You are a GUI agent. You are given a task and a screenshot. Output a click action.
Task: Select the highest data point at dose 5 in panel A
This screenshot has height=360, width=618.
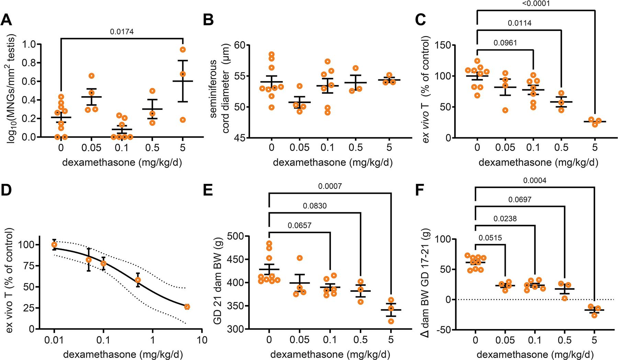pyautogui.click(x=183, y=49)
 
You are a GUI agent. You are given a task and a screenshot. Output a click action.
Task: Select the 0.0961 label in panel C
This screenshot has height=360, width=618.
pyautogui.click(x=505, y=43)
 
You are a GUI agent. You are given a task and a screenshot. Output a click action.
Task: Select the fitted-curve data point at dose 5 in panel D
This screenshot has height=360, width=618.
pyautogui.click(x=187, y=307)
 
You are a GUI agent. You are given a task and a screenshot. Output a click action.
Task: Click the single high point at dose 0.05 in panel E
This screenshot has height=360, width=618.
pyautogui.click(x=300, y=258)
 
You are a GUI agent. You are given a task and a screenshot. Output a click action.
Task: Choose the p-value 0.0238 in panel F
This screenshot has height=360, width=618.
pyautogui.click(x=505, y=218)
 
